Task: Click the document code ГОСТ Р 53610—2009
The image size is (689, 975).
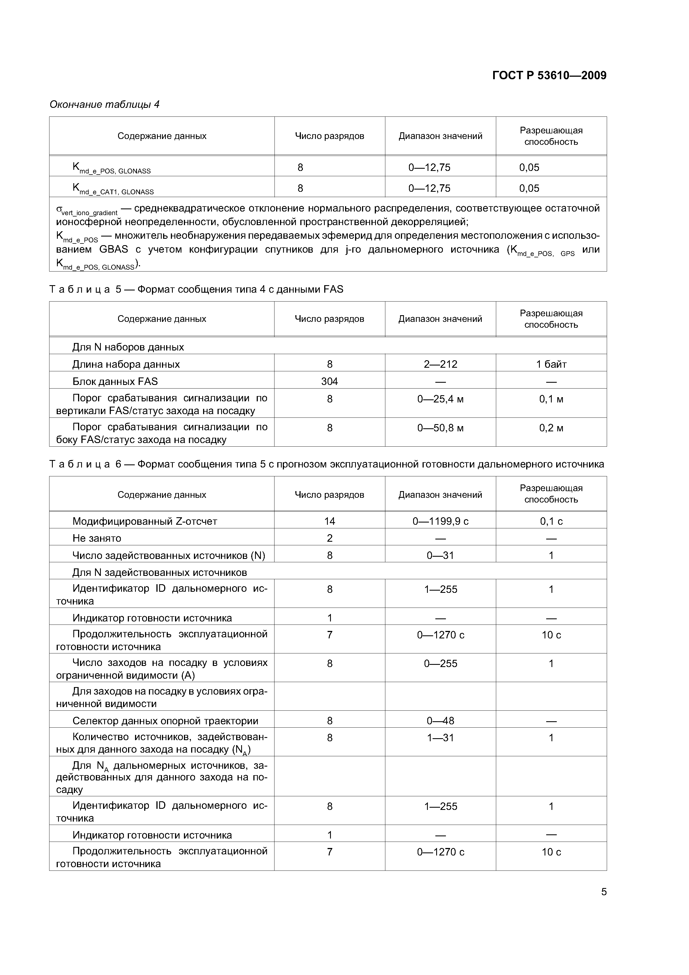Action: tap(549, 76)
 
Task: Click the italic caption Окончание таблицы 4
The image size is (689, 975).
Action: tap(104, 105)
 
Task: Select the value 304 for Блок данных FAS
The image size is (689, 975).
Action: tap(329, 381)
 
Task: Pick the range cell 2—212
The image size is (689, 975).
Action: tap(440, 364)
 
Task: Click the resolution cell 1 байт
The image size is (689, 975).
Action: tap(551, 364)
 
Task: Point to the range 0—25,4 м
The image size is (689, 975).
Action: tap(440, 399)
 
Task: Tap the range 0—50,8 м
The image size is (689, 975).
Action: tap(440, 428)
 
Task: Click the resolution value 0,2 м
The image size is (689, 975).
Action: tap(551, 428)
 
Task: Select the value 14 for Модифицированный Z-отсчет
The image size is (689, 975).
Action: tap(329, 521)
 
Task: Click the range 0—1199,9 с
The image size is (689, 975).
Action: tap(440, 521)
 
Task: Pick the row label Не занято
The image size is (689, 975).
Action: tap(97, 538)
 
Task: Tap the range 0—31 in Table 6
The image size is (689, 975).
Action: tap(440, 555)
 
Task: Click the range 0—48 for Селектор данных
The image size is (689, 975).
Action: tap(440, 721)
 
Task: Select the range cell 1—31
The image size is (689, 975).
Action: tap(440, 738)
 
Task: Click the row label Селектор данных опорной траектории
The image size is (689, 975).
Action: tap(165, 721)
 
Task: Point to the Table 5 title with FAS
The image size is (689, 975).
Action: tap(196, 290)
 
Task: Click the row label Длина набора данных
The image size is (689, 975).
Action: tap(126, 364)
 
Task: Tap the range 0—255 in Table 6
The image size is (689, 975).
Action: tap(440, 664)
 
